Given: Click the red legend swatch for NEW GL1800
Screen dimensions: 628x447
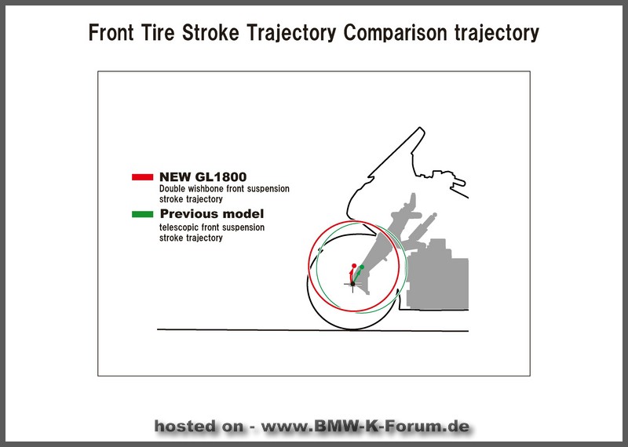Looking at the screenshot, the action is (x=143, y=177).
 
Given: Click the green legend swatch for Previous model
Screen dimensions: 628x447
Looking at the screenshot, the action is (x=143, y=214).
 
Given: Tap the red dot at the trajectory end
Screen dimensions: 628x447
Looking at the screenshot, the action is (x=354, y=266).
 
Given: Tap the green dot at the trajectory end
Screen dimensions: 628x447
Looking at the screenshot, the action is (x=362, y=267).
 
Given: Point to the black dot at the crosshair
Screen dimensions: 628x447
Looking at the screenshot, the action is (x=352, y=284).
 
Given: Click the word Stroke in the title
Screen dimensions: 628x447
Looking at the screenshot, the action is (x=210, y=32).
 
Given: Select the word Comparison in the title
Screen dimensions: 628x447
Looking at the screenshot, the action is (x=396, y=33).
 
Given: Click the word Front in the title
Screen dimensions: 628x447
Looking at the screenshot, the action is (x=111, y=32).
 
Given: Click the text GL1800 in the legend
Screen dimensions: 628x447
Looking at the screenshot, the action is (x=221, y=177).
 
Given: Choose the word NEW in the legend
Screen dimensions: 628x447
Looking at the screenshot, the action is (x=175, y=177).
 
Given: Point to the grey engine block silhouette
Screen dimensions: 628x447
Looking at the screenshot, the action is (x=438, y=276).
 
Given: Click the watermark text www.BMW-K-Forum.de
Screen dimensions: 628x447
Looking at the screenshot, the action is (x=365, y=426).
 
